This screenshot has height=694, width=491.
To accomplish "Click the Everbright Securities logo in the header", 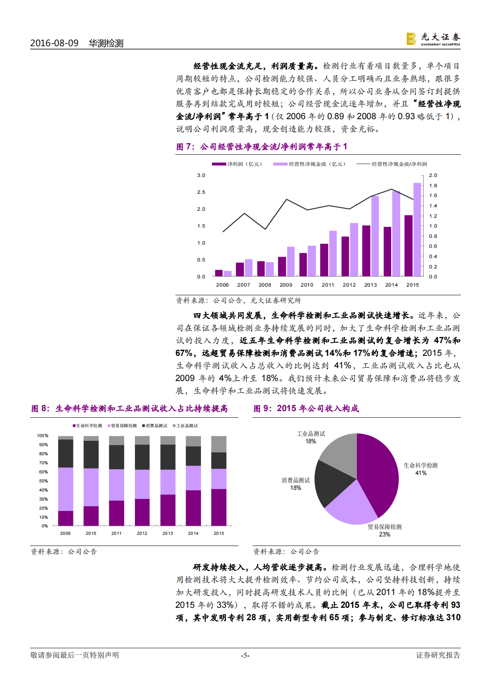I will pos(433,39).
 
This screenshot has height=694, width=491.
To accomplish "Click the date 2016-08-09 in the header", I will pos(54,43).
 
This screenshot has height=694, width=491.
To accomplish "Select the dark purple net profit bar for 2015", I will pos(408,245).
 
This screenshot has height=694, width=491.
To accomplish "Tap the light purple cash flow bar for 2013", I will pos(375,236).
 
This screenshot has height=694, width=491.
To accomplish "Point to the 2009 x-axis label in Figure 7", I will pos(286,285).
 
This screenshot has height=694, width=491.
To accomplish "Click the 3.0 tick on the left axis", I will pos(201,175).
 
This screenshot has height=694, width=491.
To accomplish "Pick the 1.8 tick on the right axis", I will pos(433,186).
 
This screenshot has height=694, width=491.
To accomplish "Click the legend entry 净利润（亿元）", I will pos(237,164).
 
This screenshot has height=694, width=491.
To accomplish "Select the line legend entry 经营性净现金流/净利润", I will pos(392,164).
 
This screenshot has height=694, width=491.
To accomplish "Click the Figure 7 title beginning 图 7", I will pos(262,147).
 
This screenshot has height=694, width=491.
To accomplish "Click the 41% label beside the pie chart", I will pos(421,473).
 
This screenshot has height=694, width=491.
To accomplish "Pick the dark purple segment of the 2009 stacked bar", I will pos(66,518).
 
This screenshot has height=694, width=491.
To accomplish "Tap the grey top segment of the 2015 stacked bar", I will pos(219,444).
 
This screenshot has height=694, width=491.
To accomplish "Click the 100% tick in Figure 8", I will pos(42,436).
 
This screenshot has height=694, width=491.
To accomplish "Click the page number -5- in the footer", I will pos(245,655).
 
